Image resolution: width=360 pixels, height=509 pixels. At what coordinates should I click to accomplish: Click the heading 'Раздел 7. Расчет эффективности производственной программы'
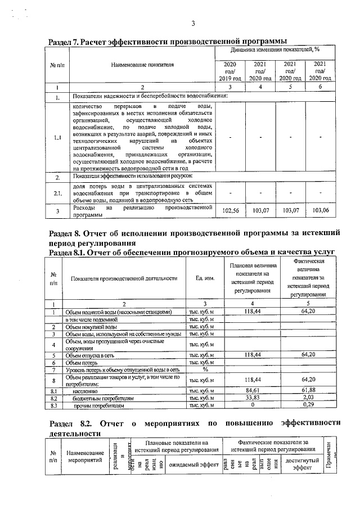pos(168,42)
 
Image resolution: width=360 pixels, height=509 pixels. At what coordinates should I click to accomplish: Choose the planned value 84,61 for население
pos(255,390)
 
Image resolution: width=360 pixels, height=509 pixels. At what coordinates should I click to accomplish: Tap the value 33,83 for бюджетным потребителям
pos(255,397)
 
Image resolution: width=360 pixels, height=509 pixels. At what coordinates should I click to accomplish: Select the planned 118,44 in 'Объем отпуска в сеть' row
pos(255,355)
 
